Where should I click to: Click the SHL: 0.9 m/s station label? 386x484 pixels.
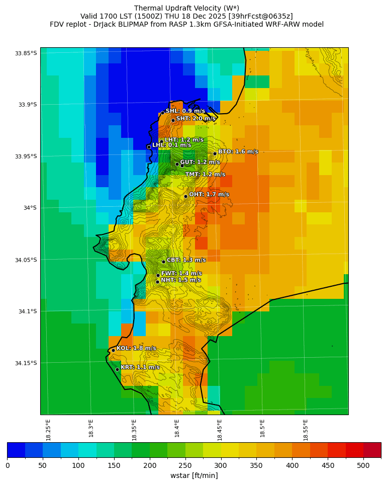coord(185,111)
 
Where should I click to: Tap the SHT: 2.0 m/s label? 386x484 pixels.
coord(196,119)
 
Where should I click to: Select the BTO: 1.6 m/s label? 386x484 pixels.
coord(238,151)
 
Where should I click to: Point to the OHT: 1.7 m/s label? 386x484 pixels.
coord(209,194)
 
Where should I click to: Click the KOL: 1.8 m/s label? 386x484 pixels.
coord(136,348)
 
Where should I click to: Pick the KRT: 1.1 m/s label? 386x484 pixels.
coord(140,367)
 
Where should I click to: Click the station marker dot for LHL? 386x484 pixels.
coord(149,147)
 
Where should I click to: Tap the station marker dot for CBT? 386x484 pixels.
coord(163,262)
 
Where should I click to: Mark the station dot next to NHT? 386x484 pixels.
coord(157,282)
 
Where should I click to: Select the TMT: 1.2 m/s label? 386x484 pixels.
coord(205,175)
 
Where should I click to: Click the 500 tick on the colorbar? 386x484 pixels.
coord(363,465)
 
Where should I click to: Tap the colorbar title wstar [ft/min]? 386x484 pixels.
coord(194,475)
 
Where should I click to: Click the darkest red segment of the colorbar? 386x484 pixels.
coord(372,450)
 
